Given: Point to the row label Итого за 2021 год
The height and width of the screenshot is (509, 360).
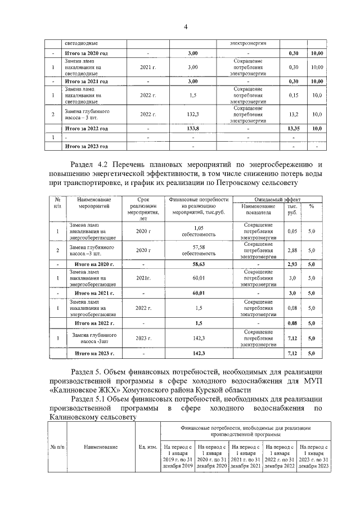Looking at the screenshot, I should click(87, 81).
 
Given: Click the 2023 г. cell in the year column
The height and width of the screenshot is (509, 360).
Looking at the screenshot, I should click(143, 338).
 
